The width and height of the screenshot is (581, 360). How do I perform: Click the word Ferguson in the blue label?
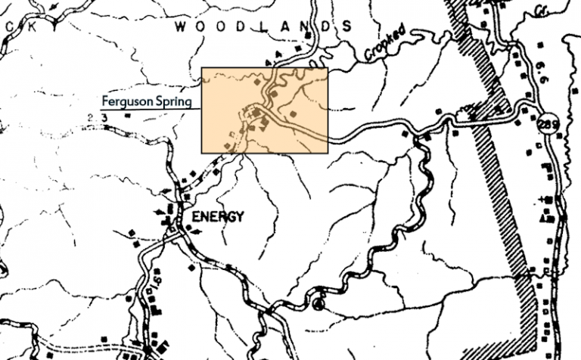pyautogui.click(x=126, y=100)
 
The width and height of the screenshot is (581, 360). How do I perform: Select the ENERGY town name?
pyautogui.click(x=218, y=216)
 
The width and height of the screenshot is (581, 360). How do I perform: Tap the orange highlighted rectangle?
pyautogui.click(x=264, y=110)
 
